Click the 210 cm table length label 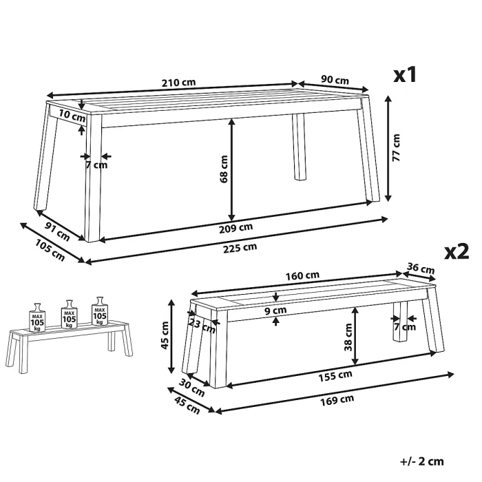(x=178, y=83)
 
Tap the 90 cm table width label (x=335, y=80)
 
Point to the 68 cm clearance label (x=224, y=169)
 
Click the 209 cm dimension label (x=235, y=228)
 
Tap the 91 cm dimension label (x=57, y=231)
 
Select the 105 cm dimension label (x=50, y=250)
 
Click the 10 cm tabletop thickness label (x=72, y=116)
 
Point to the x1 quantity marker (x=405, y=74)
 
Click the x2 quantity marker (x=457, y=252)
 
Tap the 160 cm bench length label (x=302, y=275)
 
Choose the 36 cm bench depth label (x=421, y=269)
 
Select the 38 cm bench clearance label (x=348, y=337)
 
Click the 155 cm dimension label (x=335, y=376)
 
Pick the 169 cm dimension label (x=337, y=400)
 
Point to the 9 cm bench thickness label (x=275, y=311)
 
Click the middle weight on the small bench (x=69, y=315)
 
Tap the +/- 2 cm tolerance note (x=422, y=461)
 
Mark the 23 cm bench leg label (x=202, y=326)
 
